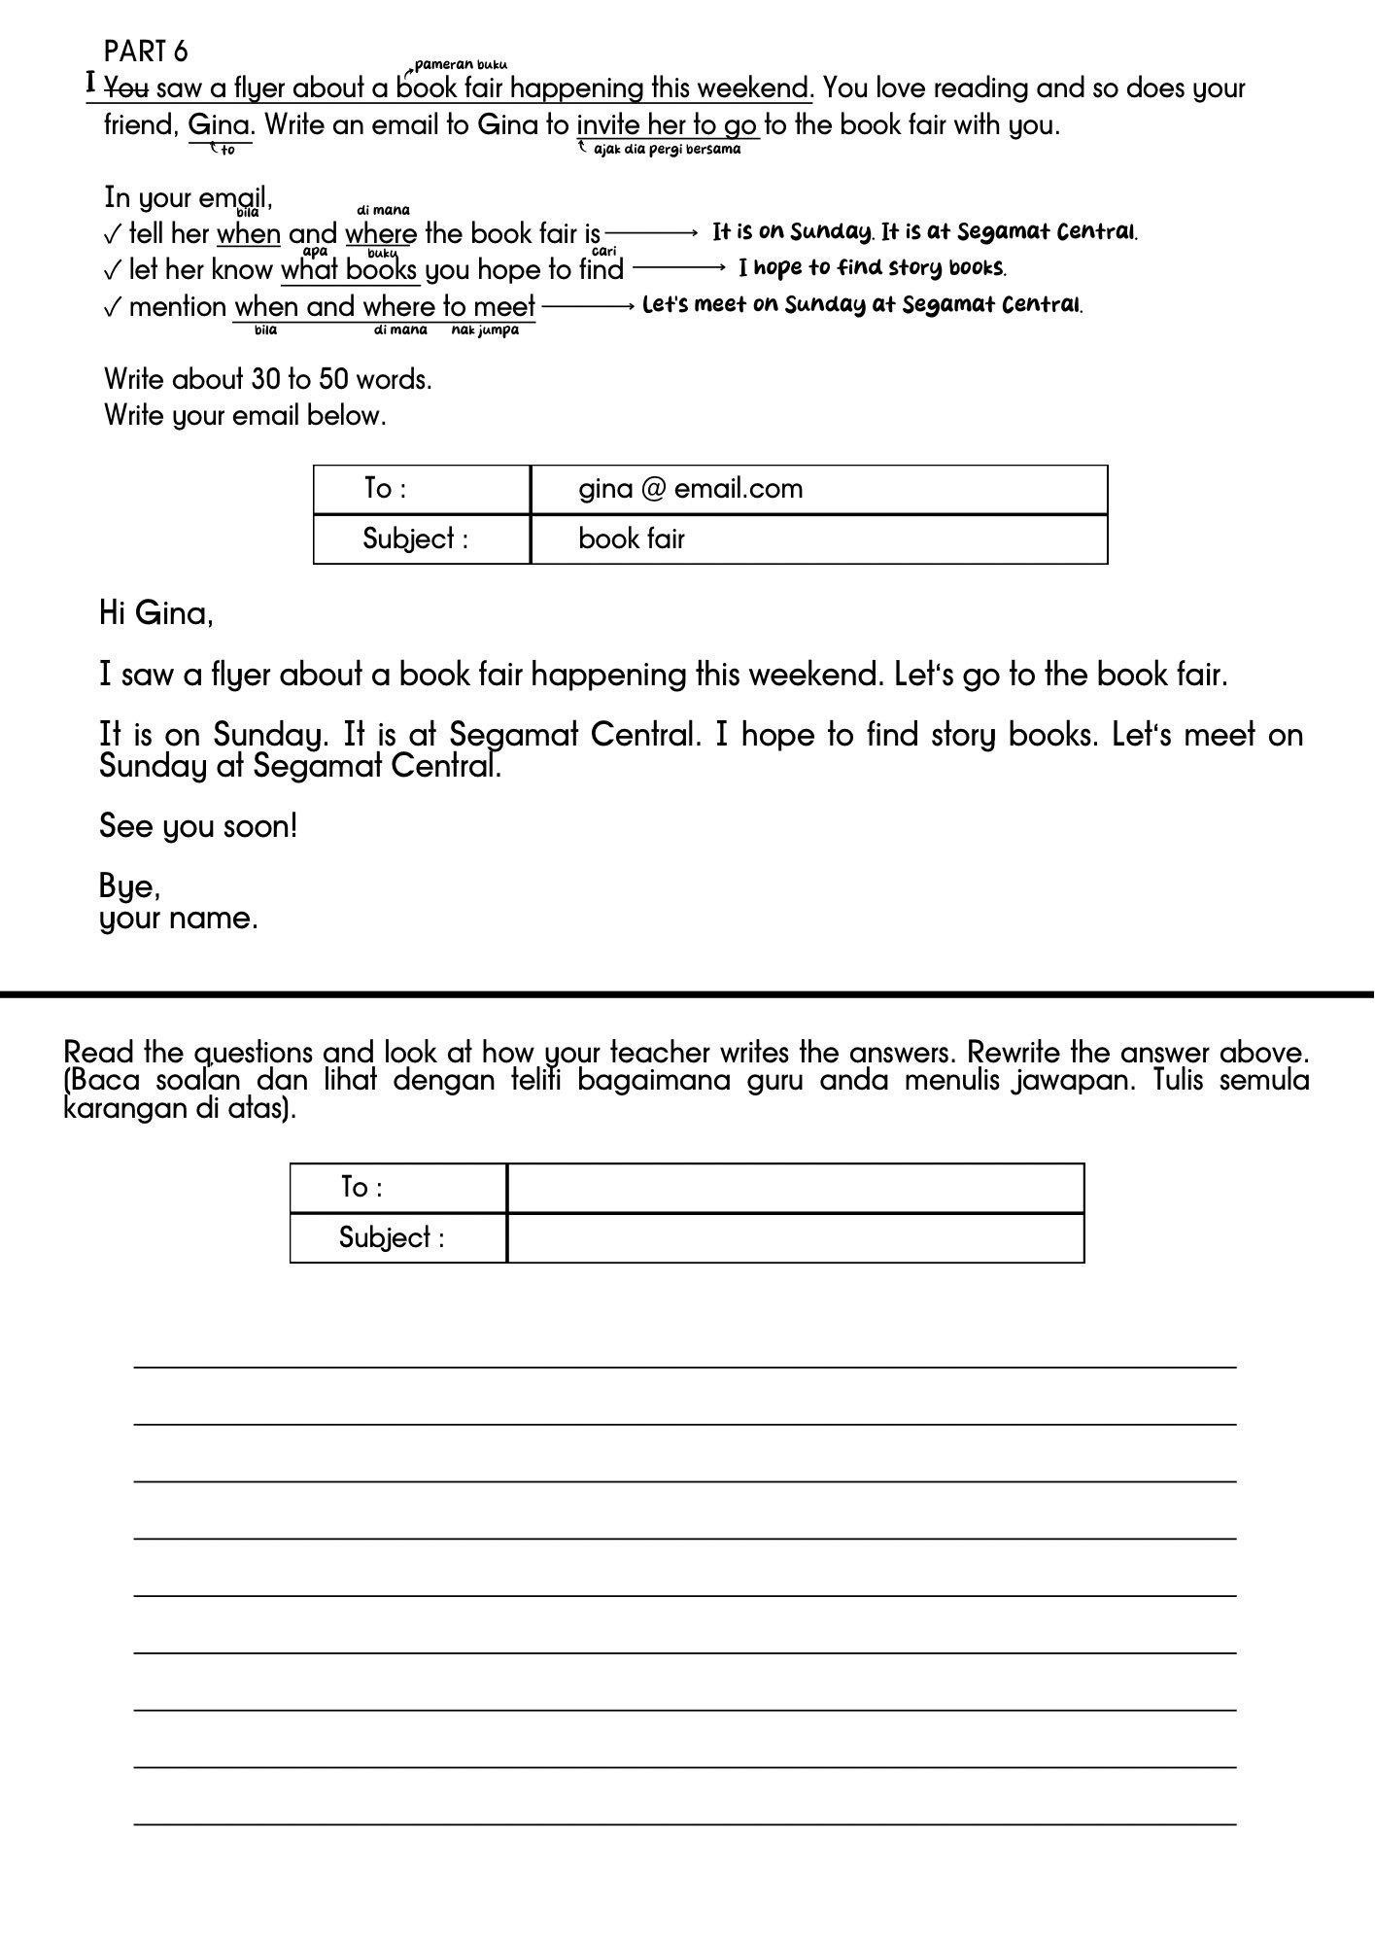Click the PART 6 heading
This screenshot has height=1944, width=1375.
(x=146, y=51)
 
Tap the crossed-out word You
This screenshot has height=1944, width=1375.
(x=126, y=88)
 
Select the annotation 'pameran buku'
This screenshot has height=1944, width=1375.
(x=461, y=65)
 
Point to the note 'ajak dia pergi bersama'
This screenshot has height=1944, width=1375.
(x=667, y=150)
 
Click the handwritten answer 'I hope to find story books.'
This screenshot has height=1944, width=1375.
(x=872, y=267)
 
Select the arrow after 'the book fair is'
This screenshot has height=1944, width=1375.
(x=651, y=233)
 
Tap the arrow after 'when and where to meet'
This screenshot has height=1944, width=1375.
(x=588, y=306)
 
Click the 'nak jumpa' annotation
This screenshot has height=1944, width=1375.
(x=485, y=330)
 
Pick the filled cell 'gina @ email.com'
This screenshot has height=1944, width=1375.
(x=691, y=489)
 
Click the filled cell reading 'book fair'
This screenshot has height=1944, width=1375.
(x=632, y=538)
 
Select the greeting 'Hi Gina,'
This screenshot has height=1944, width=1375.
(x=155, y=613)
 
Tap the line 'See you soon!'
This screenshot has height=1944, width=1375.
(x=198, y=826)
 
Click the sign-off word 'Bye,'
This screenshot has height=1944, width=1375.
(x=129, y=885)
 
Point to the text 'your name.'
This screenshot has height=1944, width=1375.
(x=179, y=918)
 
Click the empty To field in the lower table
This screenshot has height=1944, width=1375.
(x=795, y=1188)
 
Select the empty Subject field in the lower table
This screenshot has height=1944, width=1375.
(x=795, y=1238)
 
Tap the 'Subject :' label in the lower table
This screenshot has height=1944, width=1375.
(x=392, y=1238)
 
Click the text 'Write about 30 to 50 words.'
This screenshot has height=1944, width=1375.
(x=268, y=379)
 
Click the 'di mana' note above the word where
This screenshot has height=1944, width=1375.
(x=384, y=210)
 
